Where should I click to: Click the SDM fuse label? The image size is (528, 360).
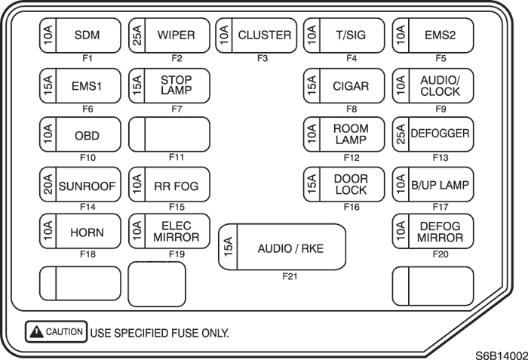87,35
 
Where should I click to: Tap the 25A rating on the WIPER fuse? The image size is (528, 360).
137,35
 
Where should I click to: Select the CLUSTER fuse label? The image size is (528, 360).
265,35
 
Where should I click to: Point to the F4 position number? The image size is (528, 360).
351,58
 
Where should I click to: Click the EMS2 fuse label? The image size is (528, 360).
440,35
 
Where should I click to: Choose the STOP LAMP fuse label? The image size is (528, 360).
176,85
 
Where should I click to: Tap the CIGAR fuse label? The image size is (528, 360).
351,86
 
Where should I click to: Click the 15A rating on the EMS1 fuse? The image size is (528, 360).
48,85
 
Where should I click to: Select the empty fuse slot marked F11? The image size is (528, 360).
170,134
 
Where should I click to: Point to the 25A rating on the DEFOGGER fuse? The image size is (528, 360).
401,134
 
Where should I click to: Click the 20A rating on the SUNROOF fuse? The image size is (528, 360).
48,184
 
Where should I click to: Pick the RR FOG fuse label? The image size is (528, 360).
176,186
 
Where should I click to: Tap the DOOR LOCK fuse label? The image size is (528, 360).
351,184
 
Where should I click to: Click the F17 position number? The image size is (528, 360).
441,207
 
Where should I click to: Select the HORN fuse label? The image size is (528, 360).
87,232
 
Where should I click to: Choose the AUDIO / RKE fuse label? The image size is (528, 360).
290,249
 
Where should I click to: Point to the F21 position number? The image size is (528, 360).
290,276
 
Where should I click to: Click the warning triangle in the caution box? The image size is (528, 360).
36,331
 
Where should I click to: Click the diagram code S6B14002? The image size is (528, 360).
502,355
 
